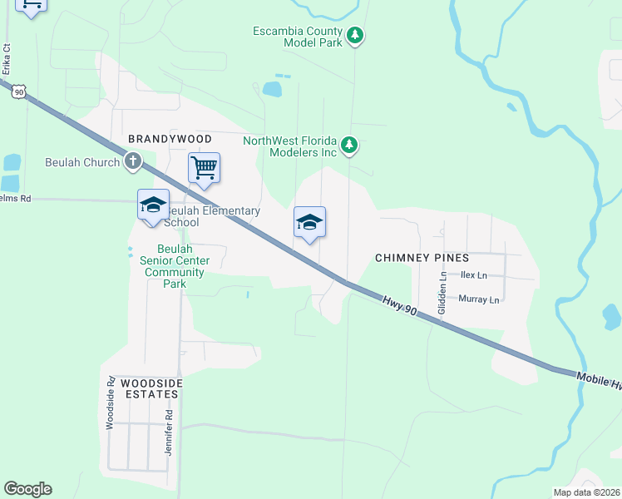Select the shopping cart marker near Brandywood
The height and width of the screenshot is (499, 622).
[x=204, y=169]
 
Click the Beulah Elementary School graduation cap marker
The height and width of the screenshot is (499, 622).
[x=154, y=205]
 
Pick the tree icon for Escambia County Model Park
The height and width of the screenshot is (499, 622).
[x=356, y=35]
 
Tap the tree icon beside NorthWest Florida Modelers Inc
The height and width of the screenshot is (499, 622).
[x=350, y=146]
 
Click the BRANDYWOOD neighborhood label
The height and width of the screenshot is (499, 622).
[x=170, y=138]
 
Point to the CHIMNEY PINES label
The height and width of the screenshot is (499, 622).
[x=422, y=258]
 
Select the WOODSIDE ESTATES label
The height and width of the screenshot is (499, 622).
[x=151, y=388]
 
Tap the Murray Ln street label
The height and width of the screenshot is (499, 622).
[x=479, y=299]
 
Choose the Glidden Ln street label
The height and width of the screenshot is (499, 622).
[x=442, y=292]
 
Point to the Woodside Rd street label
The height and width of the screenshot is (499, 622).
[x=110, y=403]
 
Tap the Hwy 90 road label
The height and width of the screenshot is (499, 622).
[x=400, y=304]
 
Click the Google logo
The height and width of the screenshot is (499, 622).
[x=27, y=489]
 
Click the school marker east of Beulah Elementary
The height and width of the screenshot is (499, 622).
[x=309, y=223]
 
